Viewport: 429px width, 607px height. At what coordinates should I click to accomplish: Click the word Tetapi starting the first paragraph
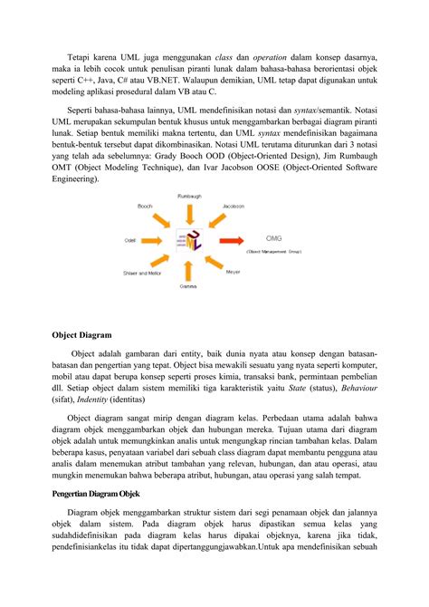(x=84, y=44)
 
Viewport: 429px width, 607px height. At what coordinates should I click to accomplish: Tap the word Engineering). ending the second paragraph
(x=76, y=180)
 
